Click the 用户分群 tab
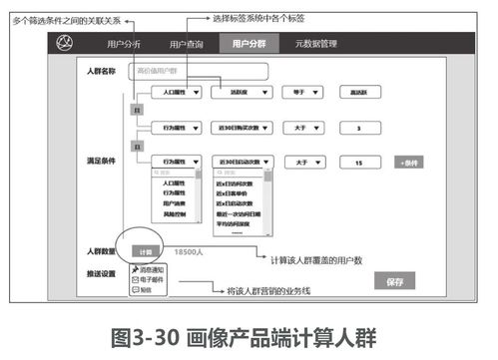pos(250,44)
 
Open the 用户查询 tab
pos(188,44)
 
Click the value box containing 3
pos(358,129)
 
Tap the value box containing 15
pos(358,161)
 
